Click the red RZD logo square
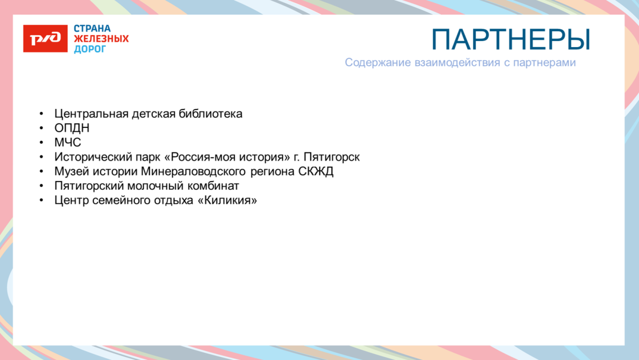(45, 38)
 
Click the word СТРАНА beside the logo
(92, 29)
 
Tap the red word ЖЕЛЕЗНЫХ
(101, 39)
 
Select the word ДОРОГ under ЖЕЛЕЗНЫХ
(89, 49)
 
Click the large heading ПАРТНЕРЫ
(511, 39)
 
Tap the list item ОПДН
(72, 128)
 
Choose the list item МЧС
(68, 143)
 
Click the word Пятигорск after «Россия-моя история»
(332, 157)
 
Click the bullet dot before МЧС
(41, 143)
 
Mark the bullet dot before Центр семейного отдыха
(41, 200)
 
